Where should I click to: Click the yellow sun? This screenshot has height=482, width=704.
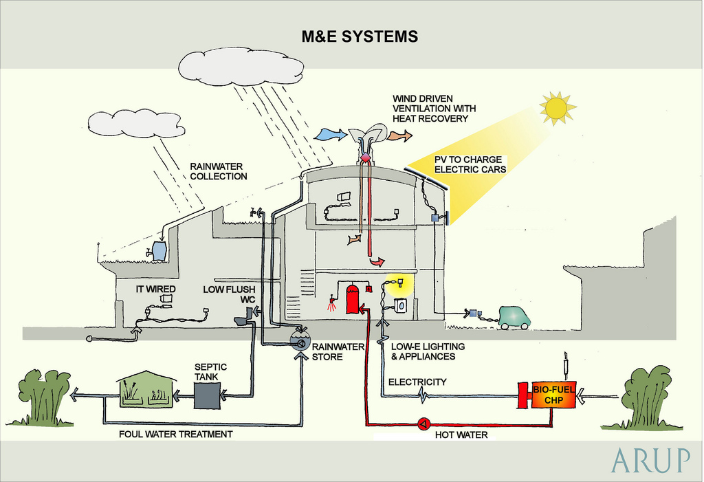[x=556, y=107]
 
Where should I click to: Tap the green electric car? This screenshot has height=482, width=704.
[x=514, y=317]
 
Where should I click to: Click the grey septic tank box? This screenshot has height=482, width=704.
[x=207, y=395]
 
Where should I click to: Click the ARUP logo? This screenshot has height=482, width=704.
[x=650, y=460]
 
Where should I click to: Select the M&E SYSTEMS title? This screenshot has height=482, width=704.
[x=360, y=36]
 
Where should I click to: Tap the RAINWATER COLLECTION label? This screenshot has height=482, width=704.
[x=219, y=171]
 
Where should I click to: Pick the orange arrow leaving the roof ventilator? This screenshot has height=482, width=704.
[x=399, y=135]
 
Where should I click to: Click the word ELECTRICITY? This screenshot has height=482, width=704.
[x=417, y=382]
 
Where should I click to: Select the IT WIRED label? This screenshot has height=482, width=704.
[x=156, y=289]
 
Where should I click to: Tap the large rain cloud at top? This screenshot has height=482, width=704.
[x=241, y=67]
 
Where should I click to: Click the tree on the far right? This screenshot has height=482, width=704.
[x=646, y=397]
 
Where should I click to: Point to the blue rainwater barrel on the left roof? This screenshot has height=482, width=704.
[x=159, y=251]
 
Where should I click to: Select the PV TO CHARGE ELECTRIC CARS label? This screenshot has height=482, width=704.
[x=470, y=164]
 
